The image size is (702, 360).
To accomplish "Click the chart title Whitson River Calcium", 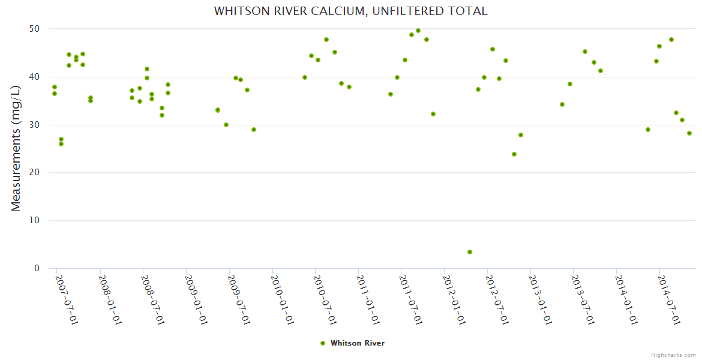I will [351, 11].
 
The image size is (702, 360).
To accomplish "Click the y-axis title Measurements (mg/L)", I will [16, 148].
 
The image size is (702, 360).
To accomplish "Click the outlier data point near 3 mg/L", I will [470, 252].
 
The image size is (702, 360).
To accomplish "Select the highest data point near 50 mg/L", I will [418, 31].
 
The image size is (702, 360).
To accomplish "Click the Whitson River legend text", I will [358, 343].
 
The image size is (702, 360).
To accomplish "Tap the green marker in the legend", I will [323, 343].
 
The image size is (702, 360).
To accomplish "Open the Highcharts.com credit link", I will [674, 355].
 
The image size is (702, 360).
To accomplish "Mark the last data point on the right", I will [689, 133].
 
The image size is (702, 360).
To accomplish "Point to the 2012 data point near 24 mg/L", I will [514, 154].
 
